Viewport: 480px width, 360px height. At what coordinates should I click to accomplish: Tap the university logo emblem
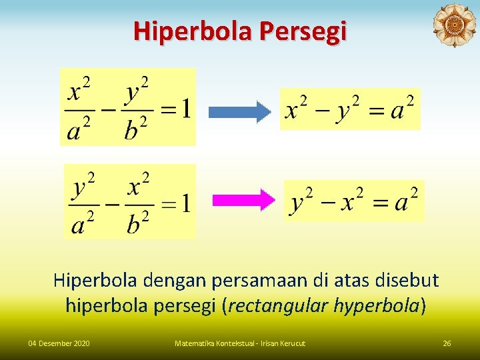point(454,26)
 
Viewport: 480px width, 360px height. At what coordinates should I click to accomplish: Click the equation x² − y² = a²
point(350,109)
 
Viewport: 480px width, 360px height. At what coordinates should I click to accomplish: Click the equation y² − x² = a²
point(354,200)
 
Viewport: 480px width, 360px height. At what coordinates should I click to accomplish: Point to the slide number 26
point(447,343)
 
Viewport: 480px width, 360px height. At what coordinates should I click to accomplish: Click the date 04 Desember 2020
point(59,343)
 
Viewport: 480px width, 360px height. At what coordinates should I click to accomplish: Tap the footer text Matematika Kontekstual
point(213,343)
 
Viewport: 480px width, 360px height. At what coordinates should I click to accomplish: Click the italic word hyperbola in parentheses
point(377,306)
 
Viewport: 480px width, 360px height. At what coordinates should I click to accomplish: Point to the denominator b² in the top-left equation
point(137,129)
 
